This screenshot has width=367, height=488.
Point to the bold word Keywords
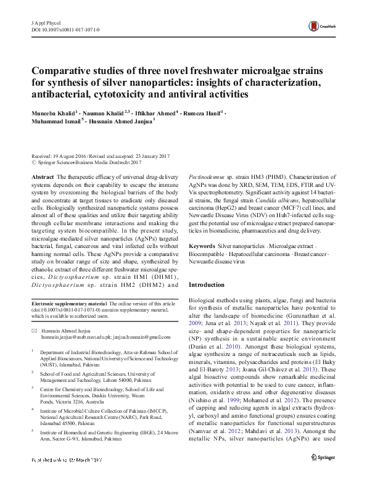click(x=202, y=228)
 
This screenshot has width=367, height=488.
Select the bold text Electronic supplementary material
click(x=69, y=304)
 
